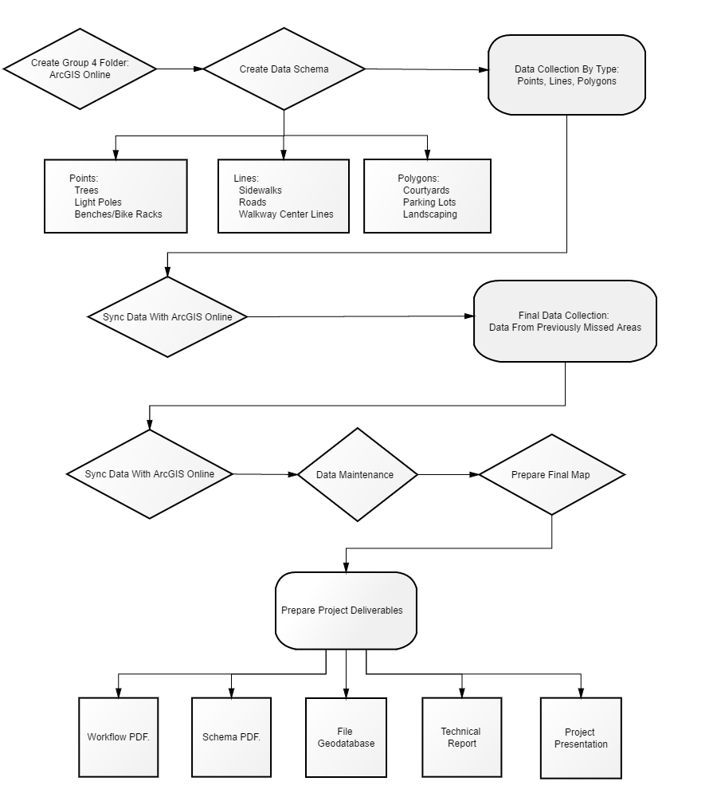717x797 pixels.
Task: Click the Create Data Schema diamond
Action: (284, 69)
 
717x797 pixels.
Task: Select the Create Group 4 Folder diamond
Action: (80, 69)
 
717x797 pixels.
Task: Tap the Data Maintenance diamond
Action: (357, 474)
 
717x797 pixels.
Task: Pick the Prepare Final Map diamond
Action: (552, 474)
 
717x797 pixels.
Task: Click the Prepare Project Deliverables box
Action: (346, 611)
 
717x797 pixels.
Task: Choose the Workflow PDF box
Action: (119, 737)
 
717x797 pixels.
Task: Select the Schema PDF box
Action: (231, 737)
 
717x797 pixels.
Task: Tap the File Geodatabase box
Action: (346, 737)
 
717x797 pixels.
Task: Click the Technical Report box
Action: (462, 737)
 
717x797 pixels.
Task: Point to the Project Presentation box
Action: (581, 738)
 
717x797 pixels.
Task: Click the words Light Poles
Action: (98, 202)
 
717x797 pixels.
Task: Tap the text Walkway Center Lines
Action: (286, 214)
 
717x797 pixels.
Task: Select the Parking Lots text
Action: (429, 202)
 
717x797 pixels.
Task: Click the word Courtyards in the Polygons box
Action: (426, 190)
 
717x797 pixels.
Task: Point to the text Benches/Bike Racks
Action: (119, 214)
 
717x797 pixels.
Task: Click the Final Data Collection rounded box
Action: (565, 321)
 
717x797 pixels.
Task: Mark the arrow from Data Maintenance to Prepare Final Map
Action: (449, 474)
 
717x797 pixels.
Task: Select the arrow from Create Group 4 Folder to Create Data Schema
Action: (180, 69)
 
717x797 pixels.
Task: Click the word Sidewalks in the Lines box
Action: (261, 190)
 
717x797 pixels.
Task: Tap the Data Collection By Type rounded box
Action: (566, 75)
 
